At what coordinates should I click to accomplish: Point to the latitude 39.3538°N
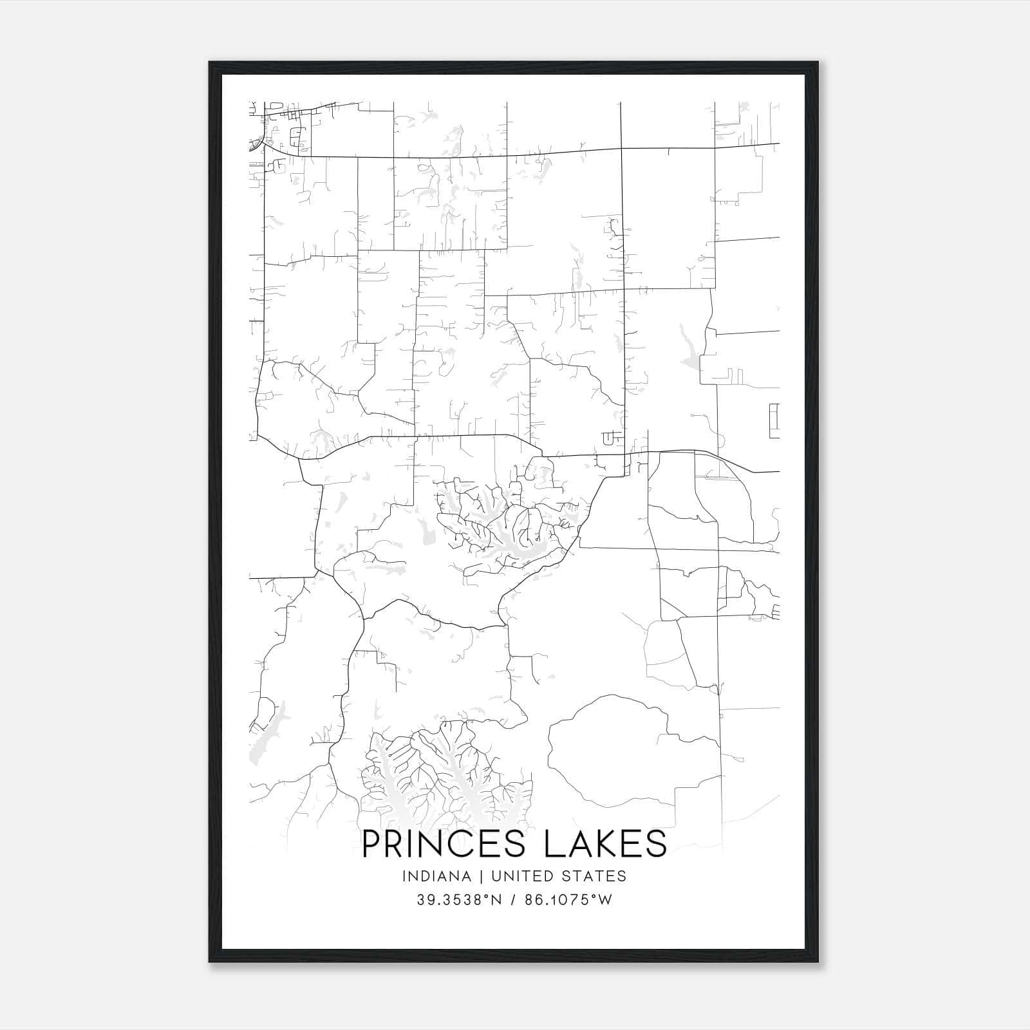458,900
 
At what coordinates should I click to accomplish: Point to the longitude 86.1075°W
568,900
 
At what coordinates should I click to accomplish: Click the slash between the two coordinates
512,900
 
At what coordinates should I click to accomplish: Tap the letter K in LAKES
604,844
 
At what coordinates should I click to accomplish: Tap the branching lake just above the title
444,779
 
